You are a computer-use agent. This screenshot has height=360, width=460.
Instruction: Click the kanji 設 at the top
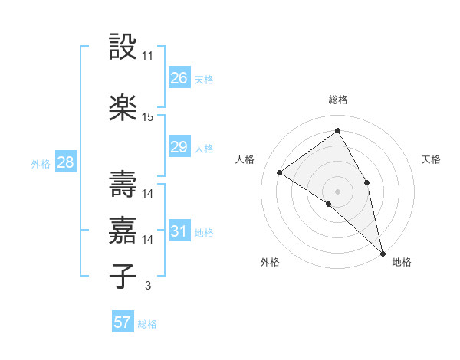coord(123,47)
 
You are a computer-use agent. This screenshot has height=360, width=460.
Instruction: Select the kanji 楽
coord(123,108)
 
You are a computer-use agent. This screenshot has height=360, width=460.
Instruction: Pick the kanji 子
coord(123,277)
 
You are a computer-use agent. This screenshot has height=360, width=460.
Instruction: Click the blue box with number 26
coord(179,78)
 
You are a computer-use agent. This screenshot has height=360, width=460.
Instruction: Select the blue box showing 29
coord(179,147)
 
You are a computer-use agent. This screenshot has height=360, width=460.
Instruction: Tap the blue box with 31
coord(179,231)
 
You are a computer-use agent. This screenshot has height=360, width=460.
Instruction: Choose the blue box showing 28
coord(64,162)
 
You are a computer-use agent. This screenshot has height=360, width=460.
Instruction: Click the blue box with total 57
coord(123,322)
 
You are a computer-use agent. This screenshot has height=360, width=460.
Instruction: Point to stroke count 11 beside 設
coord(148,56)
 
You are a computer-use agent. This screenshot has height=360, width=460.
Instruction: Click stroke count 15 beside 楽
coord(148,117)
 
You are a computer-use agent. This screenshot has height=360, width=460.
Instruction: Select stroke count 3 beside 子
coord(147,286)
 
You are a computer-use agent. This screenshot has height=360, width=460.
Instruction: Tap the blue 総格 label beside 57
coord(147,324)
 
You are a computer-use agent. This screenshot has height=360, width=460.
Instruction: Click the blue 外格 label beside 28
coord(41,163)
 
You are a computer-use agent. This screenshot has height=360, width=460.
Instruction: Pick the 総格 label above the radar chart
coord(337,100)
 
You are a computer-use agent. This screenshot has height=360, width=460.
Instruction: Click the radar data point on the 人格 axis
coord(279,172)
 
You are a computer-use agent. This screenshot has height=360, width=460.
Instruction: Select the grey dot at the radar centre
coord(337,191)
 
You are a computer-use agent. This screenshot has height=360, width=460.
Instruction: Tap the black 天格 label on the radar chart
coord(431,159)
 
